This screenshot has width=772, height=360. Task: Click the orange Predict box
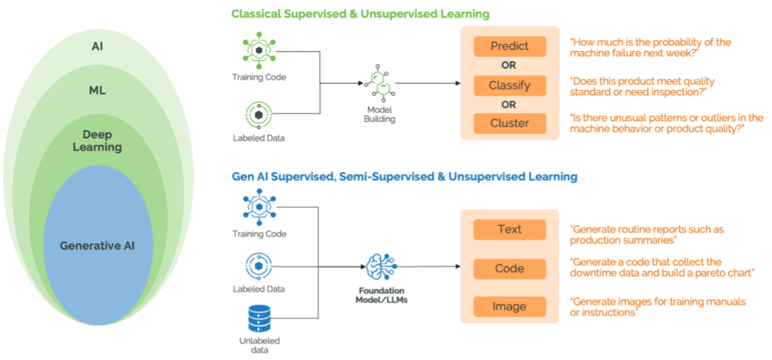pos(510,46)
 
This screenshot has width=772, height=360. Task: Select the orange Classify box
pos(510,85)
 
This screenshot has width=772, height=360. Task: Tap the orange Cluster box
pos(510,124)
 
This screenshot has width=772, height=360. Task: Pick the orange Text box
pos(510,229)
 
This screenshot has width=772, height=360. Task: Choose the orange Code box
pos(510,268)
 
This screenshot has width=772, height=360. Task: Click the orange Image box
pos(510,306)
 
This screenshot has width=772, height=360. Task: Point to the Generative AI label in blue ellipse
pos(98,245)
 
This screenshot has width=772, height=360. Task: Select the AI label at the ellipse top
pos(98,46)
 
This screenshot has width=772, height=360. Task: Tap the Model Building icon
pos(379,85)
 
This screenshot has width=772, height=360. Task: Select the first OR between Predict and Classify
pos(510,65)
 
